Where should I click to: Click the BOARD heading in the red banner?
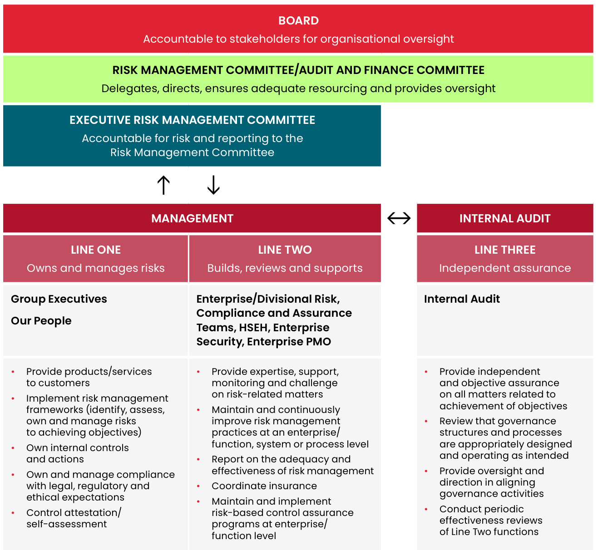tap(298, 21)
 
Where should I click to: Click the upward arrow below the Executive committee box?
tap(163, 185)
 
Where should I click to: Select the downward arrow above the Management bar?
tap(213, 185)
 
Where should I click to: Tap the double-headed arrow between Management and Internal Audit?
tap(399, 219)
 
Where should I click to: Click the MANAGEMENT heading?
tap(192, 219)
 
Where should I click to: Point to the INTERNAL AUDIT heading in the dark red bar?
tap(504, 219)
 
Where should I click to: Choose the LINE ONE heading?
tap(96, 250)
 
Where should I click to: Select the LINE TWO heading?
tap(285, 250)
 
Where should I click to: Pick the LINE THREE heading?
tap(505, 250)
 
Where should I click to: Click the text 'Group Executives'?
tap(59, 299)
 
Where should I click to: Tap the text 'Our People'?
tap(41, 321)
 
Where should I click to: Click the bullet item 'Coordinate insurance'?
tap(264, 486)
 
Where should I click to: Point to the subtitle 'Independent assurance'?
tap(505, 268)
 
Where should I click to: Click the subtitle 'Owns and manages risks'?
tap(96, 268)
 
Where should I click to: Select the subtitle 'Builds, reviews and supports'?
tap(285, 268)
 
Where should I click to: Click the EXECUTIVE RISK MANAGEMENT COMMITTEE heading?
tap(192, 120)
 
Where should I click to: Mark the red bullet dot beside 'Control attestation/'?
tap(13, 513)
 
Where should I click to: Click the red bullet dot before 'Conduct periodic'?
tap(426, 509)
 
